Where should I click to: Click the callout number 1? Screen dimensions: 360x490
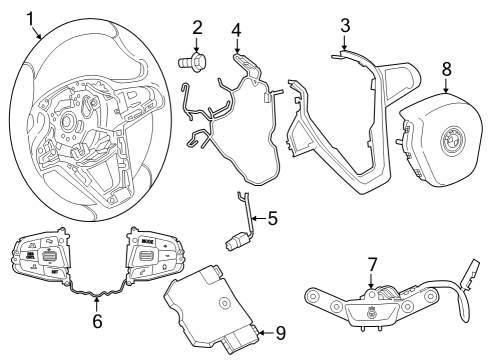(31, 17)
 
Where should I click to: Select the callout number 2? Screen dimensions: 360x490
(197, 27)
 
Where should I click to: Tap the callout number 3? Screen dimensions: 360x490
(344, 24)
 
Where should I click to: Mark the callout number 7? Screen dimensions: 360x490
(372, 265)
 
